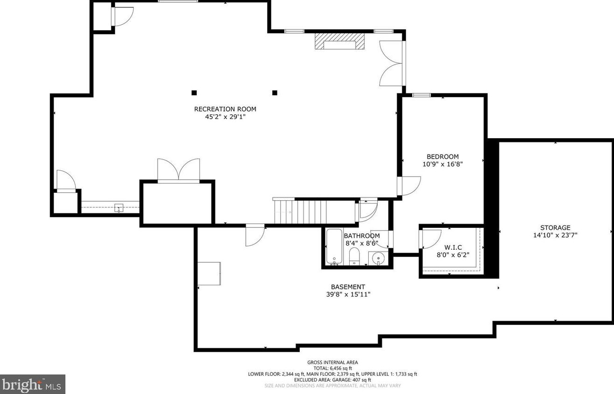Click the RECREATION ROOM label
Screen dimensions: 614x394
coord(225,109)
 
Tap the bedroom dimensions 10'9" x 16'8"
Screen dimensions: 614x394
coord(443,164)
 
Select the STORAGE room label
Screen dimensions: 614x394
coord(555,227)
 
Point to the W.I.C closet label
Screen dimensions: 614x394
coord(453,247)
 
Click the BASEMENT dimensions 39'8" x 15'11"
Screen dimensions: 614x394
coord(348,295)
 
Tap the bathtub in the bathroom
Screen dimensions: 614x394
coord(334,247)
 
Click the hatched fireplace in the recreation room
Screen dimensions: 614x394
coord(339,41)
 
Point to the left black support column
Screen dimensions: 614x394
coord(194,93)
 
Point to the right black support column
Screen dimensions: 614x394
coord(275,93)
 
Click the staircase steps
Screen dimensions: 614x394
coord(315,212)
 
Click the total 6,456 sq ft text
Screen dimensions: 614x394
coord(333,368)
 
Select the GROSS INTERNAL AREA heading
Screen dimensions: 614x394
coord(332,362)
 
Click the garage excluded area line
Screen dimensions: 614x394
coord(332,380)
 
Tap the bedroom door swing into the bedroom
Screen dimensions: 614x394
coord(409,186)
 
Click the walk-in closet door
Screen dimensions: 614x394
coord(430,239)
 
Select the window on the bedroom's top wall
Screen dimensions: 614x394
coord(421,95)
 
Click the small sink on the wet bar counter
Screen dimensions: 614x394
coord(119,208)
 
